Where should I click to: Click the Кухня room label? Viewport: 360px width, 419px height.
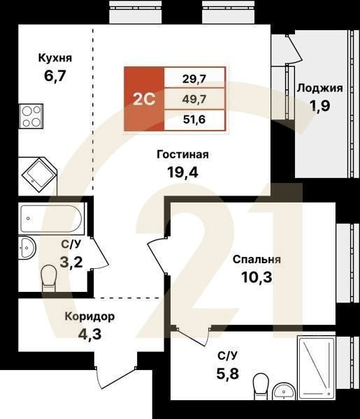[55, 58]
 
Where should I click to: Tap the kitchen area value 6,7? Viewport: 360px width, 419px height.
[55, 76]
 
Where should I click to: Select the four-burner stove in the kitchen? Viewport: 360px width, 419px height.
[31, 115]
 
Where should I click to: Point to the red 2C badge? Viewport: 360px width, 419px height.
[144, 98]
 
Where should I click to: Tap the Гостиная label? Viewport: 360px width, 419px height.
[182, 154]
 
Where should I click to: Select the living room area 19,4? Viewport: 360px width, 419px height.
[182, 173]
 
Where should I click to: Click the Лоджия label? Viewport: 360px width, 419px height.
[319, 88]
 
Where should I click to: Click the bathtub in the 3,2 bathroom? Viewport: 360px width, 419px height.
[52, 219]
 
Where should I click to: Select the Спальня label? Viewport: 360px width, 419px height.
[257, 259]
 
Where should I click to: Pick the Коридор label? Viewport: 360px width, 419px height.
[89, 316]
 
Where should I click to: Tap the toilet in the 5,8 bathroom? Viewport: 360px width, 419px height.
[261, 384]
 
